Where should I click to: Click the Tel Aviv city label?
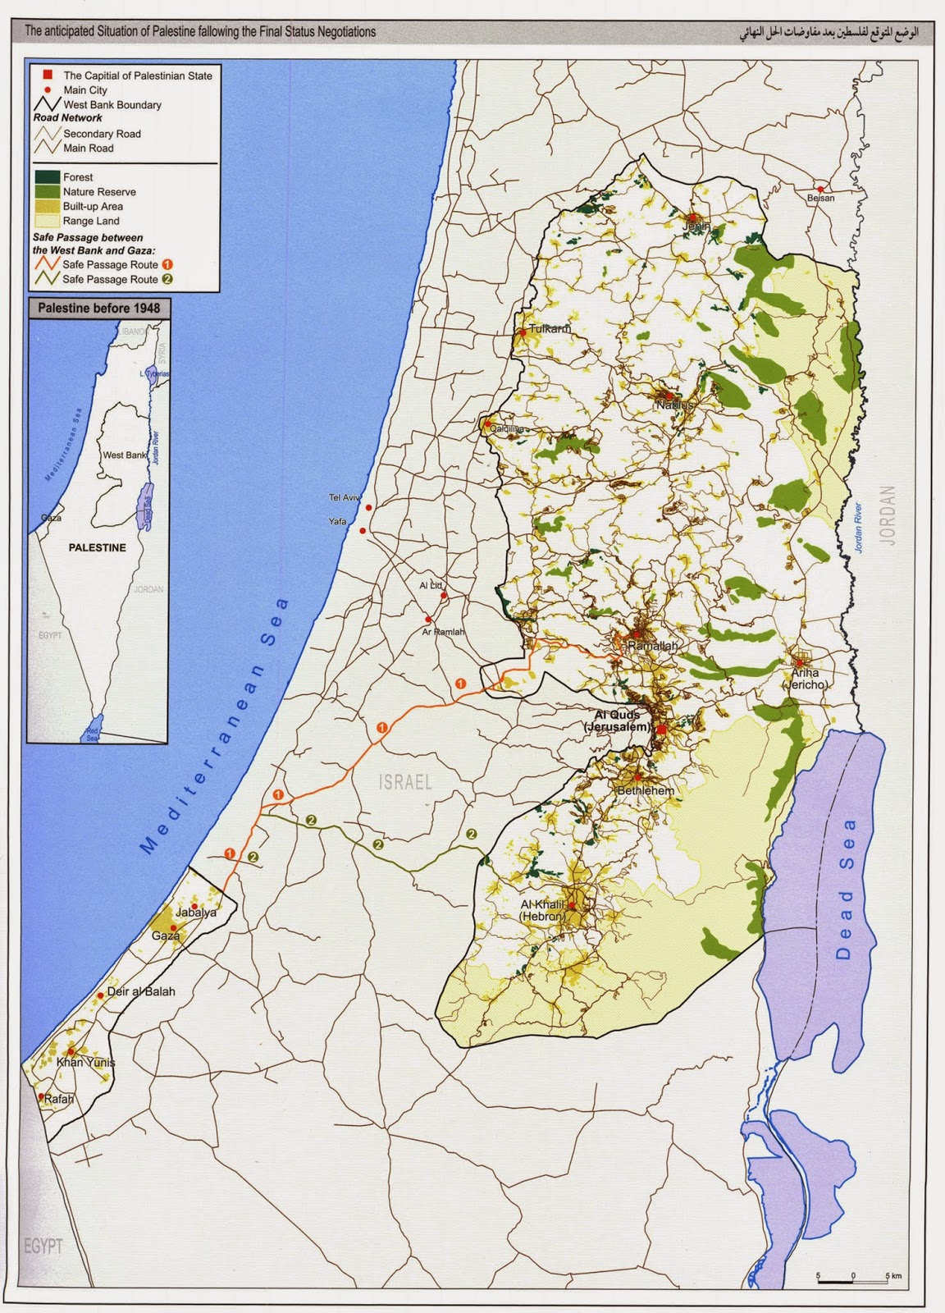(x=344, y=498)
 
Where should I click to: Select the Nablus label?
(x=675, y=405)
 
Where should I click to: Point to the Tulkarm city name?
(x=549, y=329)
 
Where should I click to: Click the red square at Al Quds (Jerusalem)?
(x=660, y=728)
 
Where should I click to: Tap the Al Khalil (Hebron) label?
(x=544, y=910)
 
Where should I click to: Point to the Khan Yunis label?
(x=85, y=1063)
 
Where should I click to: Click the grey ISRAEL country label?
(x=405, y=781)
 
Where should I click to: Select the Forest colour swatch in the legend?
(x=47, y=176)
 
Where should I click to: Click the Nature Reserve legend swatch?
(x=47, y=191)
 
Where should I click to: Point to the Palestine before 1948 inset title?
(x=99, y=309)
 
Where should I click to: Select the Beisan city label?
(x=820, y=198)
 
